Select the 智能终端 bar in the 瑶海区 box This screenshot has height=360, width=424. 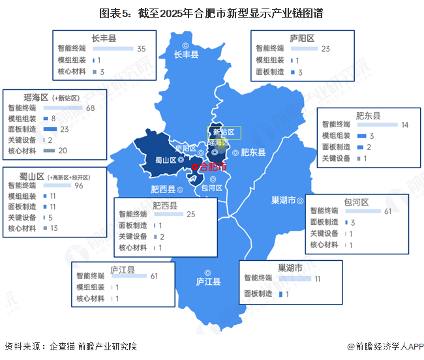63,108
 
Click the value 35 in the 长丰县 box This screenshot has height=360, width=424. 142,49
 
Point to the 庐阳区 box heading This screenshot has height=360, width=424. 302,38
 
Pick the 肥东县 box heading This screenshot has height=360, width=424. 368,115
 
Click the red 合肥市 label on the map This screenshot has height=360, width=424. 212,167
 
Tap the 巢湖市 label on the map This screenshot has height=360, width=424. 284,200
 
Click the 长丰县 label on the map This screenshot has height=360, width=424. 186,55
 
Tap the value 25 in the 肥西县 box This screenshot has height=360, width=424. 191,214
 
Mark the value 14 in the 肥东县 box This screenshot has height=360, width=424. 404,125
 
